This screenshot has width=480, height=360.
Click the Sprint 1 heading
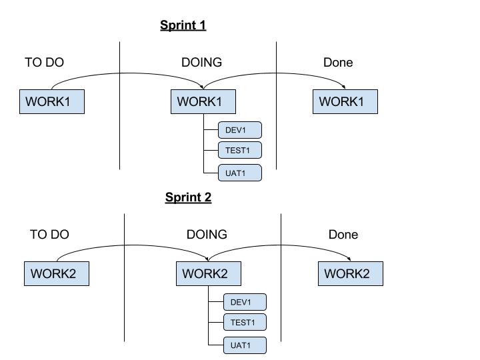183,25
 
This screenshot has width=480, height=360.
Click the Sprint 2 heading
188,197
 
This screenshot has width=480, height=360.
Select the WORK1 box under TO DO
52,101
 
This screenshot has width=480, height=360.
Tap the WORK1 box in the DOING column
203,101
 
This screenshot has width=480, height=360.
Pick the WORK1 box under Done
345,101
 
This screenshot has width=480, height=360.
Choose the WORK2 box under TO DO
57,274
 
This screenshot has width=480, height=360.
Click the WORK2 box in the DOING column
209,274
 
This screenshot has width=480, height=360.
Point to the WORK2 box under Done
351,274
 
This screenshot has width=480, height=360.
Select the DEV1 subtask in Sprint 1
240,130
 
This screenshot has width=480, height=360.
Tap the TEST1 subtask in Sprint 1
240,150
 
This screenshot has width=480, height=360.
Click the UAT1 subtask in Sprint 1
240,173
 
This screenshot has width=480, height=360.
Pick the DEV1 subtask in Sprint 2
245,302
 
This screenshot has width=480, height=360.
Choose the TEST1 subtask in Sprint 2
245,323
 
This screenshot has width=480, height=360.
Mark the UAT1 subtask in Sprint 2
245,345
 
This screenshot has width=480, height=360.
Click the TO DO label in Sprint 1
45,63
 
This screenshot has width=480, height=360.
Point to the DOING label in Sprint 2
207,235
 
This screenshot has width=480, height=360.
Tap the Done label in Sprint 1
338,63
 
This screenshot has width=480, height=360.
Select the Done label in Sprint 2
343,235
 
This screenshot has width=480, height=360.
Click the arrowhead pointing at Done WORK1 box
344,87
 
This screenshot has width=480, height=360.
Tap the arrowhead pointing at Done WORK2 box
349,259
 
